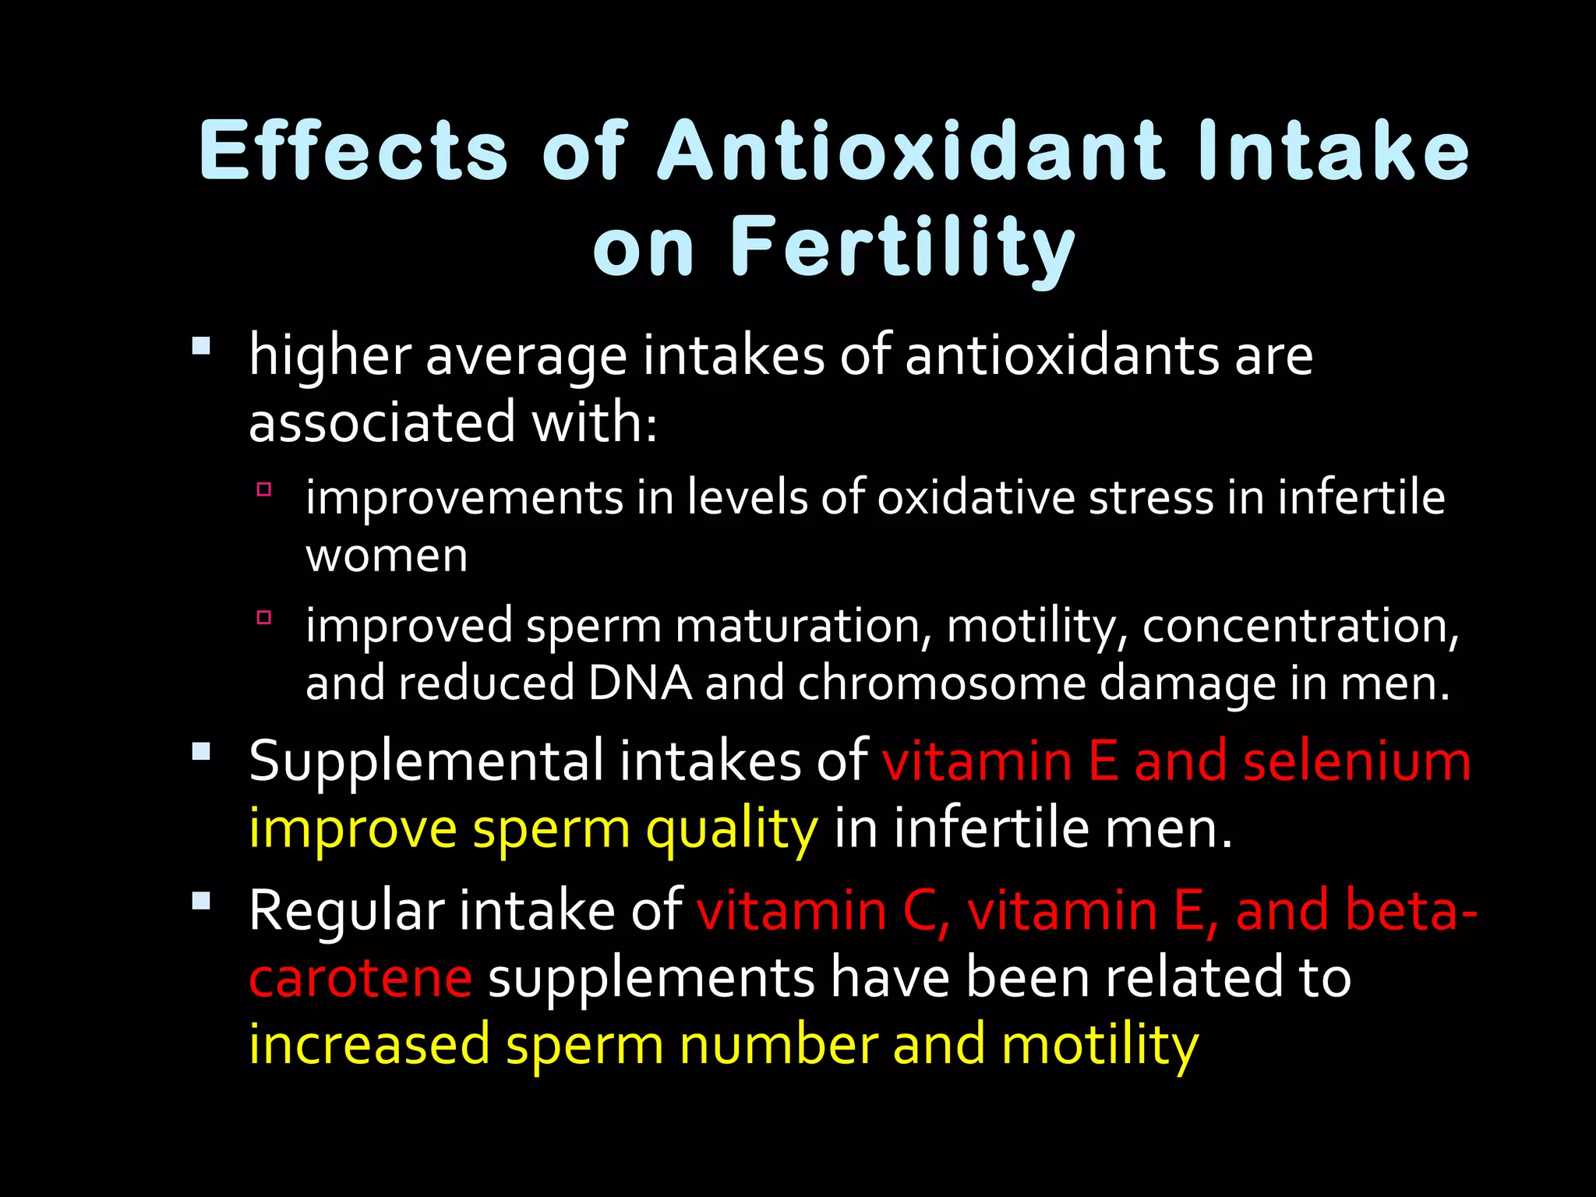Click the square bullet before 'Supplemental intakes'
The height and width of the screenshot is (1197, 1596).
[201, 751]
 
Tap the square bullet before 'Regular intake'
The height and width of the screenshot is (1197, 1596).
[201, 901]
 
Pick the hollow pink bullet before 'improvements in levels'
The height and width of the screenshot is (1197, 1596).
[263, 489]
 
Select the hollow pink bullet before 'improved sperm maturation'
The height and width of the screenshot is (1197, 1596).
[263, 618]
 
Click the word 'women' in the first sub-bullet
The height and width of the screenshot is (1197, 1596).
[387, 556]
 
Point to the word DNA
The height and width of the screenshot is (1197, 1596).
[640, 683]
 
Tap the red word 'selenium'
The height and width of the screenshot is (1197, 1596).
[1357, 761]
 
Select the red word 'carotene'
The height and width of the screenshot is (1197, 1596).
[360, 978]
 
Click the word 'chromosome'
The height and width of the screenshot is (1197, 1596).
[941, 683]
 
